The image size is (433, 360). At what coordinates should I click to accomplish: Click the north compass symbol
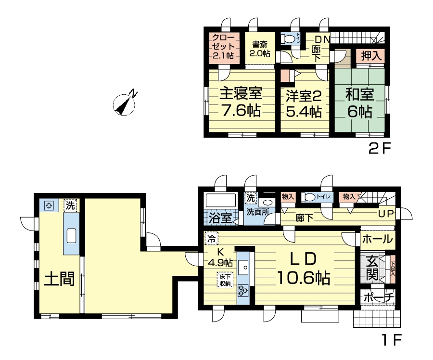click(125, 103)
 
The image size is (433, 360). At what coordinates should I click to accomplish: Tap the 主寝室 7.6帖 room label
click(241, 102)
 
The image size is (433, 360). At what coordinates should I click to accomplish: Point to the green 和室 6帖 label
click(359, 103)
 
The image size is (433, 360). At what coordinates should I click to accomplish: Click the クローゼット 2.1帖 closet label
click(223, 47)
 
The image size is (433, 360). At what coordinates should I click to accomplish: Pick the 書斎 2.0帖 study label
click(260, 49)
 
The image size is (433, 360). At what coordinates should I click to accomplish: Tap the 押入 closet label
click(371, 56)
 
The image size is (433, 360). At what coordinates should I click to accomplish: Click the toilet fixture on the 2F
click(288, 39)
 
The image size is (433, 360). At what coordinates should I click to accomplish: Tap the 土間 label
click(59, 279)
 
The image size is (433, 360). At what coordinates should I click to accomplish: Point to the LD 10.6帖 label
click(303, 268)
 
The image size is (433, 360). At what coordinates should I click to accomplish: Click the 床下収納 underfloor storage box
click(225, 280)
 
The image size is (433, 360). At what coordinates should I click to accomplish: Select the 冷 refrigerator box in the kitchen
click(211, 238)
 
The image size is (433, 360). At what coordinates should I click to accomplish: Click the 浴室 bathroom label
click(220, 218)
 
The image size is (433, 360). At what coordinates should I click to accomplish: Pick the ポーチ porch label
click(378, 297)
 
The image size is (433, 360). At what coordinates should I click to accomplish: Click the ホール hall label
click(377, 239)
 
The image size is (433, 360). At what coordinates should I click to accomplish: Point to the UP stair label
click(386, 214)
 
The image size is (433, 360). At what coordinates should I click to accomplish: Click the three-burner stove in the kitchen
click(243, 290)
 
